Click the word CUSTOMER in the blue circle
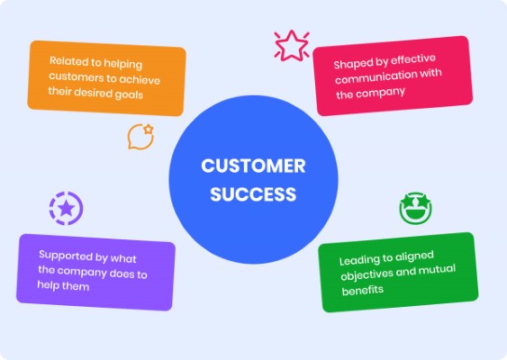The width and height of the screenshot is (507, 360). [253, 166]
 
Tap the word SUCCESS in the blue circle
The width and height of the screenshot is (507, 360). [253, 194]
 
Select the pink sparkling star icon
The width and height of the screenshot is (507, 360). [292, 46]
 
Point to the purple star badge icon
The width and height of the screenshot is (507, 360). [67, 209]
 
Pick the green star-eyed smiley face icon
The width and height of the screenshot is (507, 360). [416, 208]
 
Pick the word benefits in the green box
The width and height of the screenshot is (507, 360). [363, 290]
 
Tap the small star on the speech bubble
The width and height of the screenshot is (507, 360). [148, 130]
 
